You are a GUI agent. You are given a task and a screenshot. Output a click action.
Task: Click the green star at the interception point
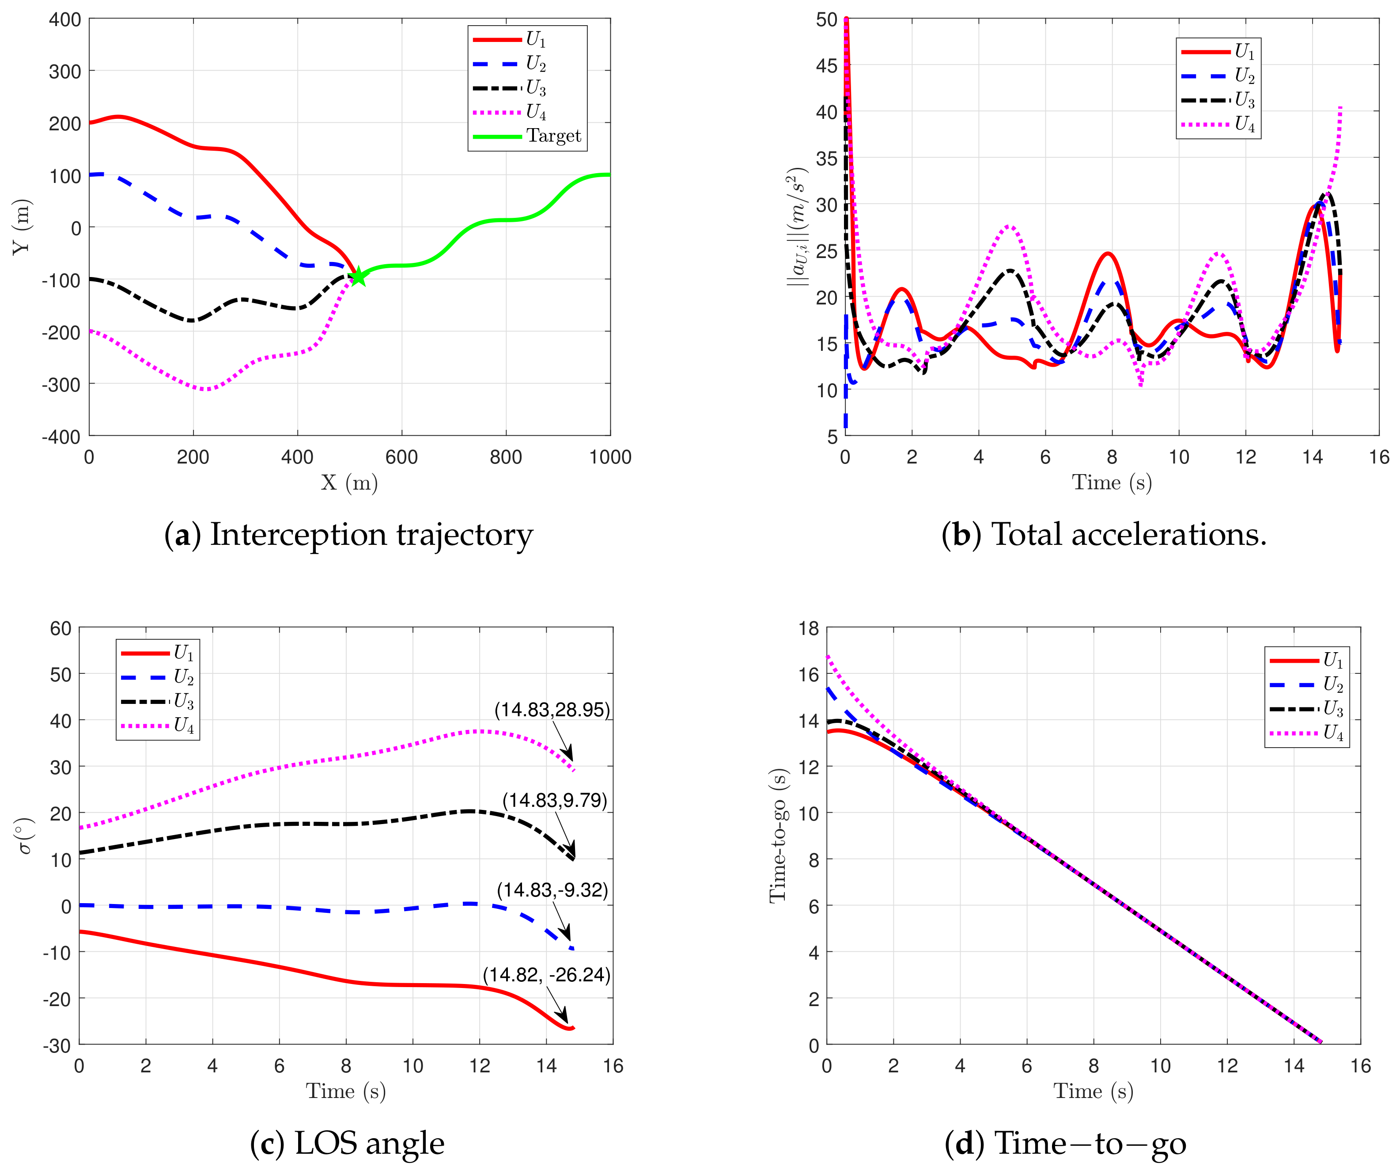click(358, 276)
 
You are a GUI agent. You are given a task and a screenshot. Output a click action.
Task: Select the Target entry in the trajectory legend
click(527, 136)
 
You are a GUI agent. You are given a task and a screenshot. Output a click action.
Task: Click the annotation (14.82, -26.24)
click(546, 975)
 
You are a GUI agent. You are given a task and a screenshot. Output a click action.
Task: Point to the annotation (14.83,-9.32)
click(552, 890)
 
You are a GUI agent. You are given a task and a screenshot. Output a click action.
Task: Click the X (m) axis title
click(349, 482)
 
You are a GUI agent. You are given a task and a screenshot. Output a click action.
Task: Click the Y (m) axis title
click(22, 227)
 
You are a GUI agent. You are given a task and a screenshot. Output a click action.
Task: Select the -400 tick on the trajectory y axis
click(61, 437)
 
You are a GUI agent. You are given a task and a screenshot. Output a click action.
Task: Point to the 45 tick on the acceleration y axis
click(827, 65)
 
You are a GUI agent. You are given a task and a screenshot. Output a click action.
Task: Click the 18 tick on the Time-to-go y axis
click(809, 628)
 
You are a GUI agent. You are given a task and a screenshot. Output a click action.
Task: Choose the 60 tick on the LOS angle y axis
click(61, 628)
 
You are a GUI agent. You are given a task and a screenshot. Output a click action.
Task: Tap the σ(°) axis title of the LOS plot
click(25, 836)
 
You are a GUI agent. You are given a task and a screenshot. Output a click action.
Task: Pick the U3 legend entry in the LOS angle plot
click(157, 701)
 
